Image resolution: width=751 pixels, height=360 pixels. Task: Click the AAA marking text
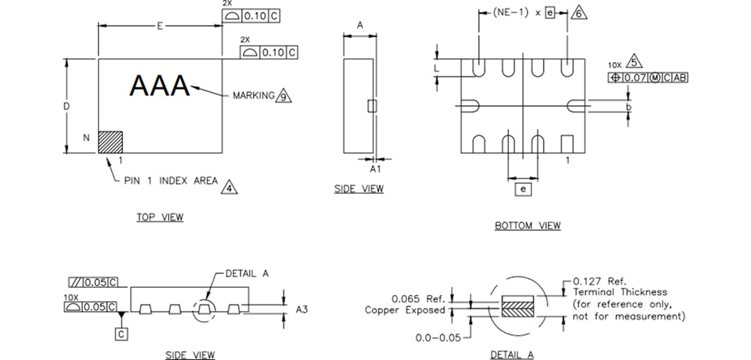point(160,86)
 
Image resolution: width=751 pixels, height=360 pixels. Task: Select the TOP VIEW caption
point(160,218)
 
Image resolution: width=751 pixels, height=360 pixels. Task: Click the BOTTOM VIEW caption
point(527,225)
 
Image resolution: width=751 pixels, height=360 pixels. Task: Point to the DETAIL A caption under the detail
point(512,354)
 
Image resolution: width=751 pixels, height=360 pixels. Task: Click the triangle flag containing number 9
point(283,96)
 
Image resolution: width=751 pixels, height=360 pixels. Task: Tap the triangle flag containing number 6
point(579,13)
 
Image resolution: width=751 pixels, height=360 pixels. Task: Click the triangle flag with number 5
point(633,62)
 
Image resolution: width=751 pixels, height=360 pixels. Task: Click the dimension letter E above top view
point(159,26)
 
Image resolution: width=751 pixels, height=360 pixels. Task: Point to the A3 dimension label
point(301,309)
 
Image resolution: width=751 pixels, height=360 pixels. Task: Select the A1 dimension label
point(375,168)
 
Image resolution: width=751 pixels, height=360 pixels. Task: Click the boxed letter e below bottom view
point(522,188)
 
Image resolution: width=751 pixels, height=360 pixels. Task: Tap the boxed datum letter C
point(122,334)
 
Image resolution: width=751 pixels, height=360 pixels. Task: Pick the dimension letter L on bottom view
point(437,68)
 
